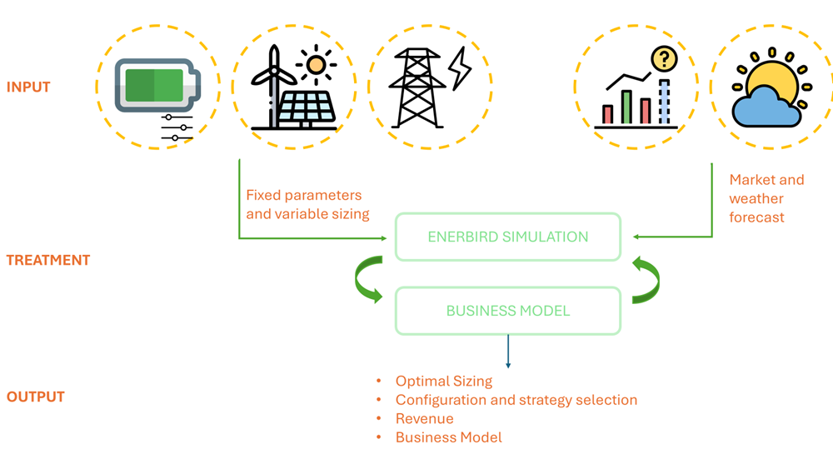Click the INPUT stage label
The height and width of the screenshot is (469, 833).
point(28,87)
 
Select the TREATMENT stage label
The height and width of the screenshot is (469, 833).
point(48,260)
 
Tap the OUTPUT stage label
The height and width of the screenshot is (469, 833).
point(36,397)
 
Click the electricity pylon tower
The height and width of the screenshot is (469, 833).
point(417,87)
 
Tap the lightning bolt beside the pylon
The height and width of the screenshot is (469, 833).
point(460,69)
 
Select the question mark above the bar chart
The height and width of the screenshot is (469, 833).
point(664,59)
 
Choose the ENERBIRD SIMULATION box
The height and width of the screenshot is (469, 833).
point(507,237)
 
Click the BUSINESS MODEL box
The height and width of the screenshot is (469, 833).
point(507,311)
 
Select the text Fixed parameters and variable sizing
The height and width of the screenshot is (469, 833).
point(307,204)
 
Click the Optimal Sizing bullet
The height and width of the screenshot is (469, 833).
point(443,382)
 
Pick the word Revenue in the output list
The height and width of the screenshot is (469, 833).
point(424,418)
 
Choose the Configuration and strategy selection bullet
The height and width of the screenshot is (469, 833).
point(516,400)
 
